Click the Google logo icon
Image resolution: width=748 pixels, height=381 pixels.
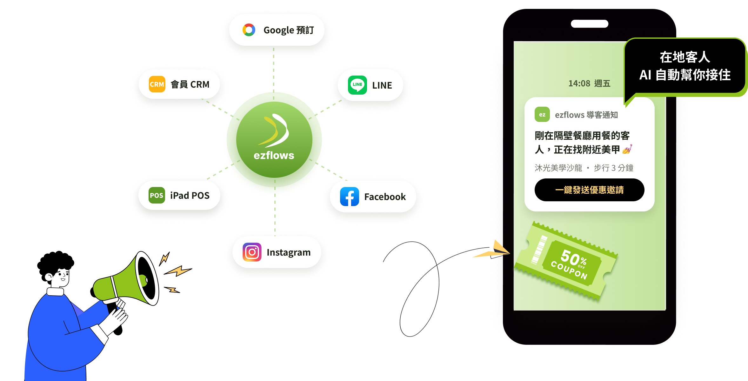249,30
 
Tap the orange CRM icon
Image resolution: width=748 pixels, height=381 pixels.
157,84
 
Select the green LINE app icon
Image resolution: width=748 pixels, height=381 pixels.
357,85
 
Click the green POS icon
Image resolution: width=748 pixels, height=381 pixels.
157,195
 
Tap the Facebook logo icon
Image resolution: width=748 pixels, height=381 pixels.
350,197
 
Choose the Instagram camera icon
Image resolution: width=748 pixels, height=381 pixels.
252,252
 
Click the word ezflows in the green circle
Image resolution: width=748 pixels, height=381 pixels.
274,155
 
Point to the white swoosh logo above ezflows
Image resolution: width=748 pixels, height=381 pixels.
274,130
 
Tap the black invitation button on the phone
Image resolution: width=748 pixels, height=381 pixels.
589,190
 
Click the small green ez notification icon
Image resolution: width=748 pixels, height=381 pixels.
542,115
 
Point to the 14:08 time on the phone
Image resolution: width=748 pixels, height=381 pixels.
579,84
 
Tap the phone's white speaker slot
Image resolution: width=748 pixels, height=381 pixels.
590,24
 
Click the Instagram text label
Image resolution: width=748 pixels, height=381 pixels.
289,253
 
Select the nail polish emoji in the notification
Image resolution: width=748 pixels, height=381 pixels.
627,149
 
